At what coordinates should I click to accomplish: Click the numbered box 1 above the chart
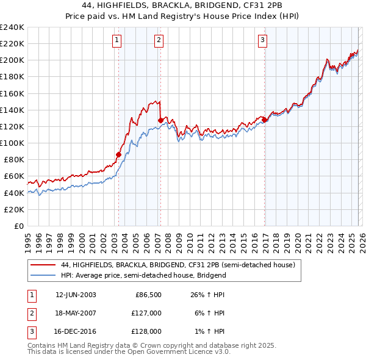tap(117, 41)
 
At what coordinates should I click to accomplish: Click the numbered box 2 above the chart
tap(159, 41)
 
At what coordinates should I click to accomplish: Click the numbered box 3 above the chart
tap(262, 41)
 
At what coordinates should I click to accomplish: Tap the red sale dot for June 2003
tap(118, 154)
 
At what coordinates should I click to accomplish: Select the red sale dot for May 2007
tap(160, 120)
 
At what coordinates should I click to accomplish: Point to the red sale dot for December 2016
tap(264, 120)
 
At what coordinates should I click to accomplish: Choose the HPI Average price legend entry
tap(143, 275)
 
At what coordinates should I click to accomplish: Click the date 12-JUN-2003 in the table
tap(76, 295)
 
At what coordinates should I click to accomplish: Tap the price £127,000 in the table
tap(147, 313)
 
